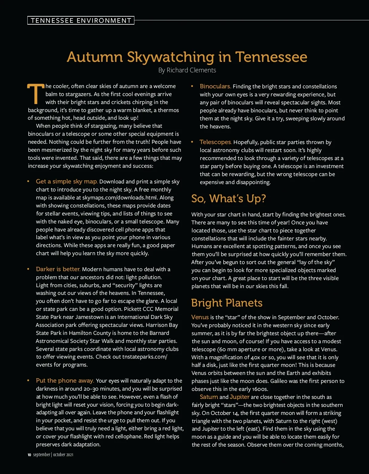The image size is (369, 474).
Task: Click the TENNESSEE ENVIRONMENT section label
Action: click(81, 20)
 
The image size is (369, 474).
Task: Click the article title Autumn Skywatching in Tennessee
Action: click(187, 57)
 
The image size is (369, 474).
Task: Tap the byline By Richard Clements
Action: click(187, 70)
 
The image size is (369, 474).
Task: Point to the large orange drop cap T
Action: click(36, 94)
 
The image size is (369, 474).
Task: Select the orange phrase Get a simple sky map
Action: click(67, 182)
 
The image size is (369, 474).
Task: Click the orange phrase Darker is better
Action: click(58, 269)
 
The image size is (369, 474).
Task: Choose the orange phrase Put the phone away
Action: click(65, 381)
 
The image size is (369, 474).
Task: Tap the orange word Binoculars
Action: click(215, 86)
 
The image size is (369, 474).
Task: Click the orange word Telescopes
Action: click(216, 142)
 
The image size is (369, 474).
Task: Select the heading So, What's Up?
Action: click(228, 199)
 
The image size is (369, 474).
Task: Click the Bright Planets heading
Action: click(227, 303)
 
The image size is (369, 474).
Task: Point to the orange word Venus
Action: click(200, 317)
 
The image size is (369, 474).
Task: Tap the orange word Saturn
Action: click(209, 397)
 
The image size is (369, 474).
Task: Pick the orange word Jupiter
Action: click(240, 397)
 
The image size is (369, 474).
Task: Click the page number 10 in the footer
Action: click(29, 455)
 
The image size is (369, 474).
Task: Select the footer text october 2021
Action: click(63, 455)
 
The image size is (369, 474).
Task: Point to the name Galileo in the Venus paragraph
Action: click(280, 381)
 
